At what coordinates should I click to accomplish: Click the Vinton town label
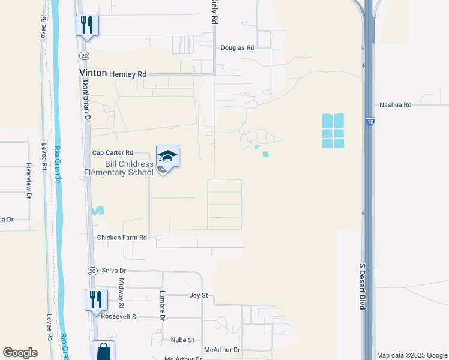coord(93,73)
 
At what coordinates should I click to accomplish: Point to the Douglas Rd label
coord(237,47)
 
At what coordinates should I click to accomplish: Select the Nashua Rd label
coord(395,105)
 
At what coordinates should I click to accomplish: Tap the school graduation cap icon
coord(168,156)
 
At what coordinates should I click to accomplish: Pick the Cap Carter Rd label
coord(112,153)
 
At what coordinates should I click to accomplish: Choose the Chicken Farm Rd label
coord(122,238)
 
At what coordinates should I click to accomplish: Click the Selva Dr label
coord(114,271)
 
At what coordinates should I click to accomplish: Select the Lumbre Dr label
coord(162,304)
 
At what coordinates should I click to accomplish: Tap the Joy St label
coord(198,295)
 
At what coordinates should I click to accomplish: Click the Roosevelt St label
coord(119,316)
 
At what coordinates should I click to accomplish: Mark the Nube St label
coord(182,340)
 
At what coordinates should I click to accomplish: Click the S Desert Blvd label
coord(362,286)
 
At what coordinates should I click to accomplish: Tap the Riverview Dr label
coord(28,180)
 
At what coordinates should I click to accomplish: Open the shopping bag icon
coord(103,352)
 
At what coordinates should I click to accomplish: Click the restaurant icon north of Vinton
coord(87,25)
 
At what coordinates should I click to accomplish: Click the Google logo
coord(20,353)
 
